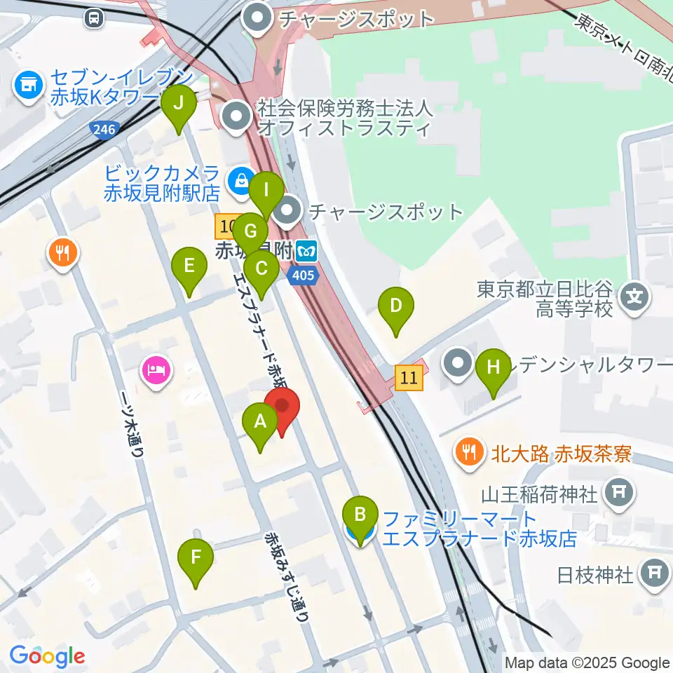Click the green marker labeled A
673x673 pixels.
(x=260, y=422)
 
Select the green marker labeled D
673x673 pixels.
(x=396, y=306)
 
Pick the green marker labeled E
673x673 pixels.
(x=189, y=266)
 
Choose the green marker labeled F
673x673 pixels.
(x=196, y=559)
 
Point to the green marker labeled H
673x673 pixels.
(x=494, y=367)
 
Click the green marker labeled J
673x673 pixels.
(x=179, y=104)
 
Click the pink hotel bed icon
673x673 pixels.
(x=156, y=368)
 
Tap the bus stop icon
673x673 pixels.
(x=93, y=18)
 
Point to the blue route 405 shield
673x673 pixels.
(x=304, y=275)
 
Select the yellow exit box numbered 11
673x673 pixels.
(x=410, y=379)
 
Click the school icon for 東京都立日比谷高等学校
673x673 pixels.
(x=634, y=297)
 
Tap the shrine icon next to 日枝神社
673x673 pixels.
(x=654, y=575)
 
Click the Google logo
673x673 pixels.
(x=47, y=656)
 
